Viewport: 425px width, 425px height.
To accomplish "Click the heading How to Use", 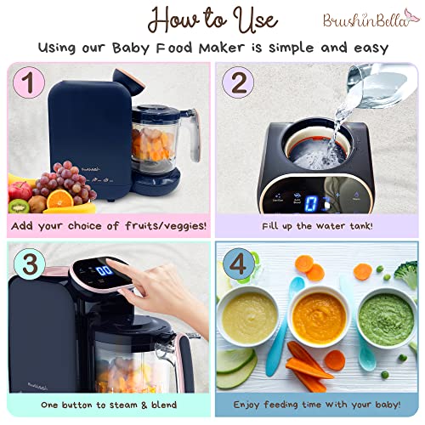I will [213, 19].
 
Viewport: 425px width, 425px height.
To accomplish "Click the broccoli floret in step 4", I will [406, 274].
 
